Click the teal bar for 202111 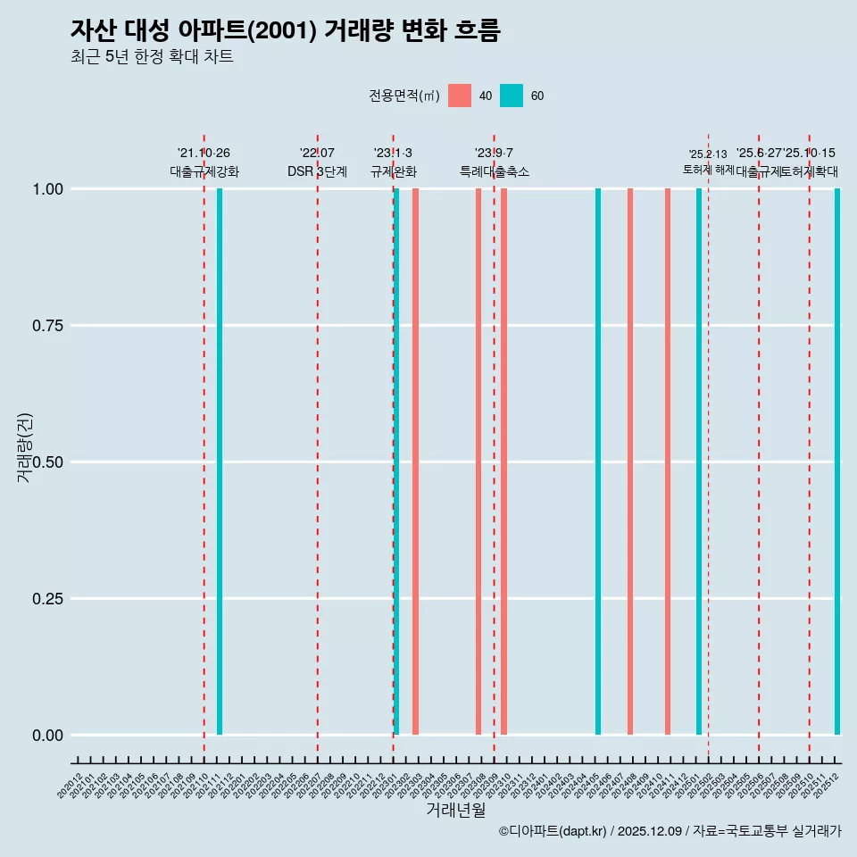point(220,462)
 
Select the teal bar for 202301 point(396,462)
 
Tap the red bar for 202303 point(416,462)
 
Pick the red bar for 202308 point(478,462)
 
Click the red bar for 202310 point(504,462)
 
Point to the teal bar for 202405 point(598,462)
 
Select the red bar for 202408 point(630,462)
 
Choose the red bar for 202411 point(668,462)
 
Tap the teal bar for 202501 point(699,462)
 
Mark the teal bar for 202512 point(837,462)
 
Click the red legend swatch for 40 point(460,96)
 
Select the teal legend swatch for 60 point(512,96)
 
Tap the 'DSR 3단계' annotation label point(317,171)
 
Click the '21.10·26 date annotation point(204,153)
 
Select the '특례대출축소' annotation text point(495,171)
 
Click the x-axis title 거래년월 point(455,811)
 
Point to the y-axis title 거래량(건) point(25,448)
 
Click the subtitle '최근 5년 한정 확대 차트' point(152,57)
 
